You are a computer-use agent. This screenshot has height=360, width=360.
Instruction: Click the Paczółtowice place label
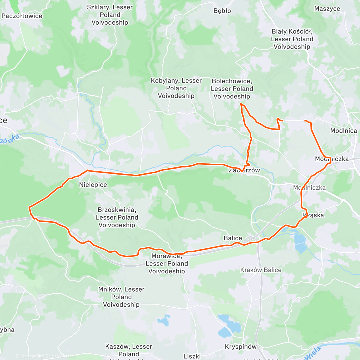coord(22,16)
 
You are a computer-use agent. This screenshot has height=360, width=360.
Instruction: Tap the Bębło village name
coord(222,11)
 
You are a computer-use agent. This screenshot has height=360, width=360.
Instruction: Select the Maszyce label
coord(327,9)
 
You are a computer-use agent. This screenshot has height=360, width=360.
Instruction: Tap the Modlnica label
coord(343,131)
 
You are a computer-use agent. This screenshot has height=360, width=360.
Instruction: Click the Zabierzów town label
coord(244,170)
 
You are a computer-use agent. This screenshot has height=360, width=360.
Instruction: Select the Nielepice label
coord(93,185)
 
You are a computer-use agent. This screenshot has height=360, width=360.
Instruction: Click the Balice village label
coord(233,238)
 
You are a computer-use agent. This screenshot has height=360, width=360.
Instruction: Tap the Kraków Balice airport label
coord(261,270)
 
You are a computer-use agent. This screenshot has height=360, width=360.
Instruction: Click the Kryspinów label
coord(241,347)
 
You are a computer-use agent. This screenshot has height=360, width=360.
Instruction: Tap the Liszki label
coord(192,356)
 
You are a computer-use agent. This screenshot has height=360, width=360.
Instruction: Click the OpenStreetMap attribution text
coord(63,356)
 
